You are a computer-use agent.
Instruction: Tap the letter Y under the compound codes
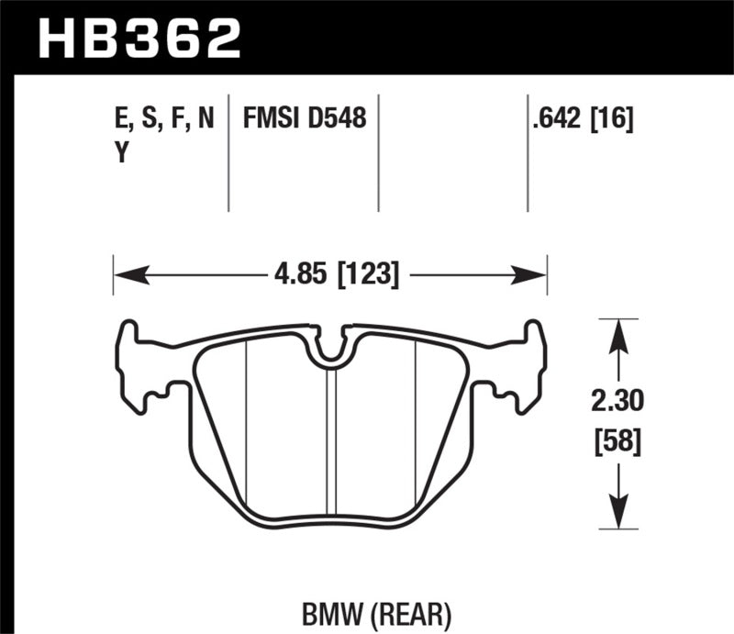(119, 154)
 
